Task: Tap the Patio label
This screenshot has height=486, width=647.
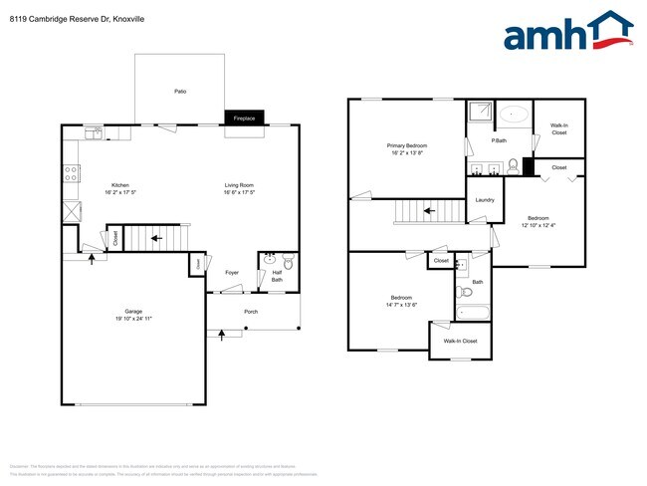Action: click(x=180, y=92)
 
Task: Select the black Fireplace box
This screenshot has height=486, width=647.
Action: click(x=244, y=119)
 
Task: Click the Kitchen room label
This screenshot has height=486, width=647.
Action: click(x=120, y=185)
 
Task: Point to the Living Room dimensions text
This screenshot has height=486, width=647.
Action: click(x=239, y=193)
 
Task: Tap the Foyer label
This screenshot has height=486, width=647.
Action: click(x=231, y=272)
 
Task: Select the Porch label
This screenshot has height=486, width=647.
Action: click(x=252, y=311)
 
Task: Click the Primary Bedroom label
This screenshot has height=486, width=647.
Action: click(x=408, y=145)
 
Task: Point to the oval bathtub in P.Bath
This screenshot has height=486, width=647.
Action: click(x=514, y=115)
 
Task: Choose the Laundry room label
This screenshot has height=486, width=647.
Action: click(x=485, y=200)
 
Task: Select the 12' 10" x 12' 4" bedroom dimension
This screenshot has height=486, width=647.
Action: click(x=538, y=225)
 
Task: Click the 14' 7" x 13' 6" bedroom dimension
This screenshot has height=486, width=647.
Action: click(x=402, y=305)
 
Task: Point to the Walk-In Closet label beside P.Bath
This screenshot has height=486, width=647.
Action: click(x=558, y=128)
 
